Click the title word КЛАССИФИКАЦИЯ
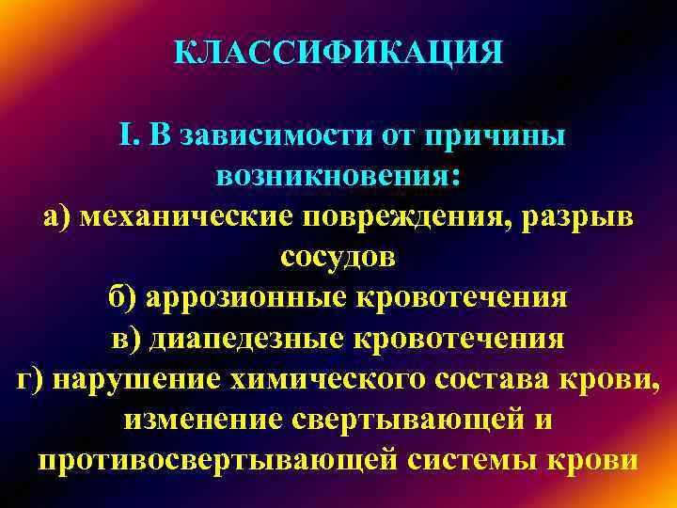[x=338, y=52]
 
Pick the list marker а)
[x=58, y=217]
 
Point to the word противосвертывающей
[x=223, y=460]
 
